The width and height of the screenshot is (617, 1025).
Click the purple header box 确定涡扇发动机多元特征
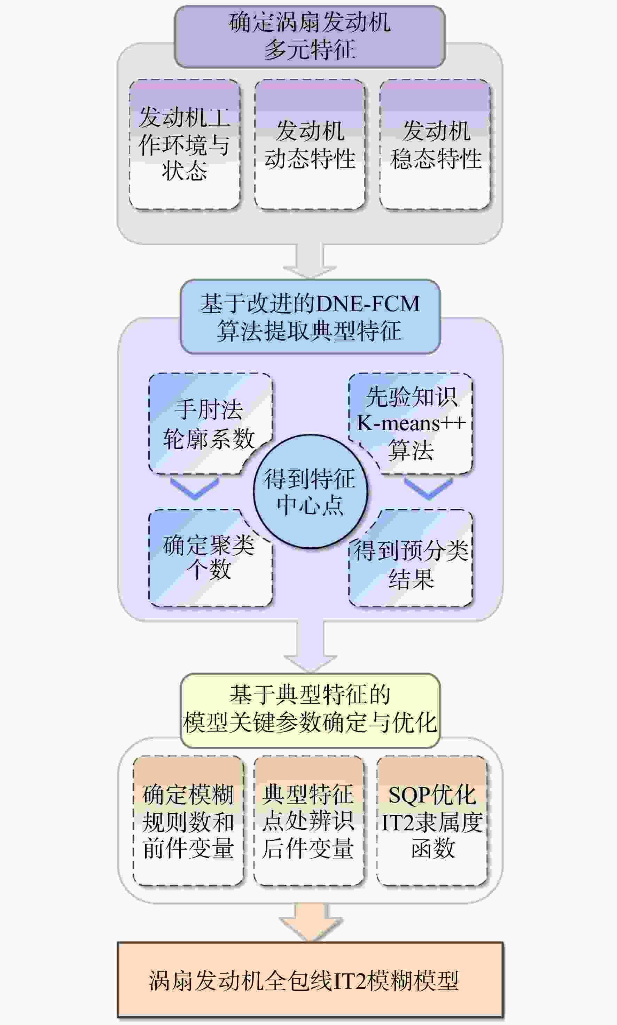[310, 37]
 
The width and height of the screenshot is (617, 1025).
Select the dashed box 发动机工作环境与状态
[185, 144]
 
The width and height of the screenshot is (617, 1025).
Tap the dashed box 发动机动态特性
[310, 144]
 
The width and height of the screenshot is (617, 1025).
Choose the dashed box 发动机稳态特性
[435, 144]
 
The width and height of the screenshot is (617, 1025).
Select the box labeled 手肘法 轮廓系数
[210, 423]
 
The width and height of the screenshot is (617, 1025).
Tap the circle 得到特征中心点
[310, 491]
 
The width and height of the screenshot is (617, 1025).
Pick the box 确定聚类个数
[210, 558]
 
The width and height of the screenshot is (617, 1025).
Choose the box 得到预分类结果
[411, 558]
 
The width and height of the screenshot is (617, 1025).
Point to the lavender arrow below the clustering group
[310, 646]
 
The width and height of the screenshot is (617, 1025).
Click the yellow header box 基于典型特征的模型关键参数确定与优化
[310, 710]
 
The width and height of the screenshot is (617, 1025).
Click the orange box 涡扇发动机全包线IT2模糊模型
[310, 979]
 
